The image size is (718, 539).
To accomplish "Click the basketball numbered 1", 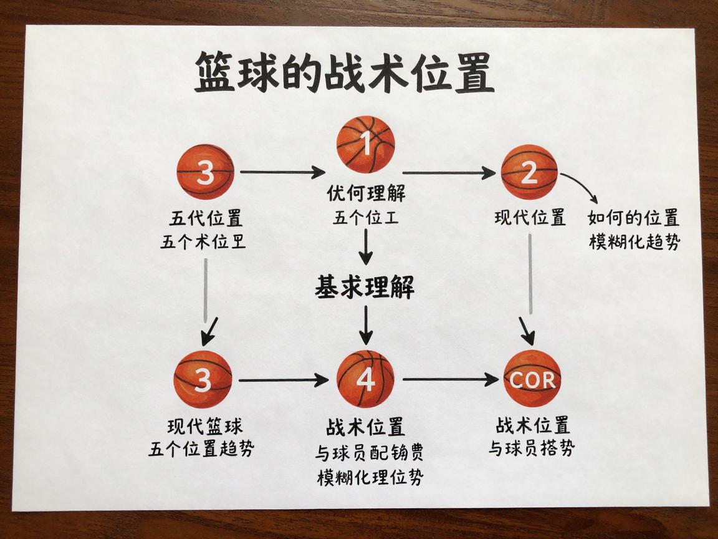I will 366,145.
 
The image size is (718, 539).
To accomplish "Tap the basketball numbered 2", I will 529,173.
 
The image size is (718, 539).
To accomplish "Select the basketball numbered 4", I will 366,379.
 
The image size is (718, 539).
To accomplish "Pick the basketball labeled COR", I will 532,379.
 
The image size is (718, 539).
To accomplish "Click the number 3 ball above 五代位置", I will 205,173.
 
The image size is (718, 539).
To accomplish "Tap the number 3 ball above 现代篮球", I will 203,379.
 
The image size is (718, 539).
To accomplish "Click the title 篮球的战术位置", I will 344,73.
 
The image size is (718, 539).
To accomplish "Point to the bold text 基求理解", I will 365,288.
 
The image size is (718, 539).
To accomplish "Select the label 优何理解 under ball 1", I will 366,194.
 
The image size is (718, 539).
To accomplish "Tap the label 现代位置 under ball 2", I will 530,218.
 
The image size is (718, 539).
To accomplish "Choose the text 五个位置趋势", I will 201,449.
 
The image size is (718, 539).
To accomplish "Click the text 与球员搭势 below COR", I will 532,448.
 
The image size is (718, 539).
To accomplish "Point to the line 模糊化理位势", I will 370,478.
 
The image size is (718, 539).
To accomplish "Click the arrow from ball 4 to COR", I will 449,379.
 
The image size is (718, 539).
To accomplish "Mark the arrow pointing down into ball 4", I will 366,325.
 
